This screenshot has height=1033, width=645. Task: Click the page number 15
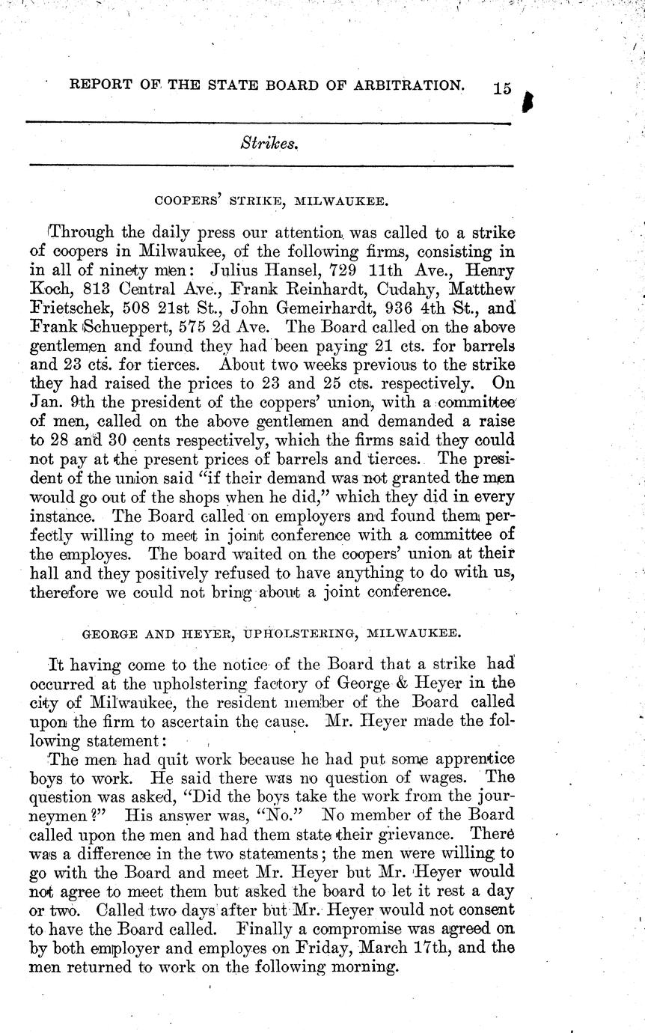point(502,89)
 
